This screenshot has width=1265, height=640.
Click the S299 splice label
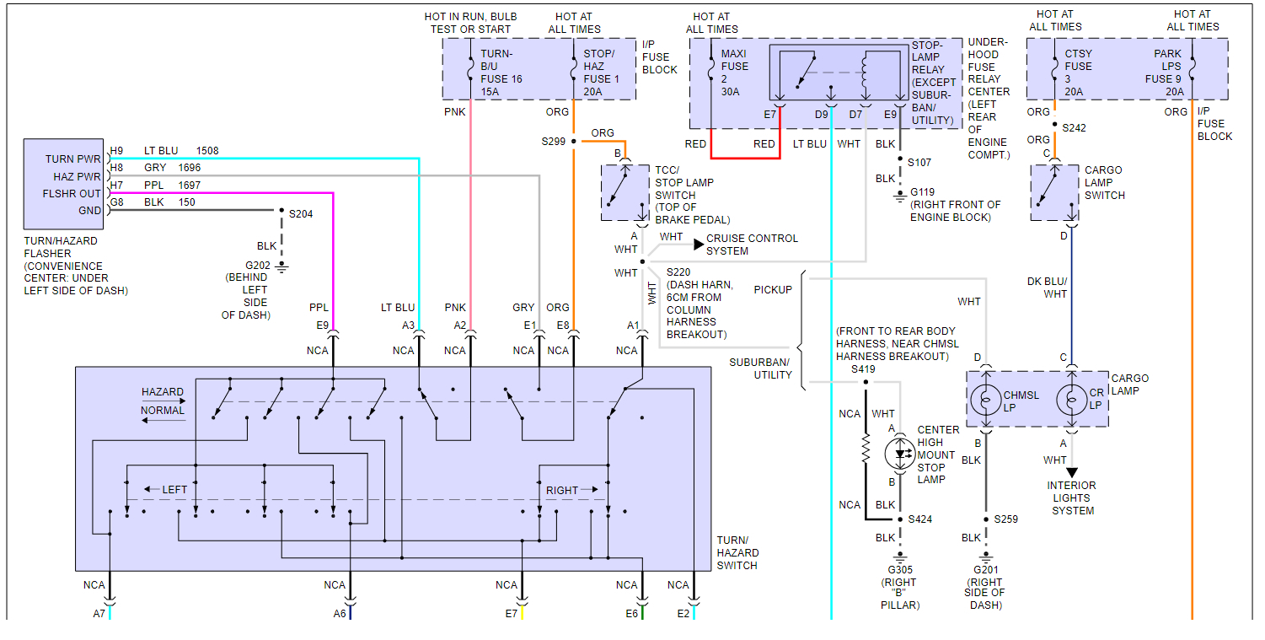(x=553, y=141)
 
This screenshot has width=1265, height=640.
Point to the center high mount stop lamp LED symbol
(x=899, y=454)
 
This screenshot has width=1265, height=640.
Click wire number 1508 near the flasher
(x=207, y=151)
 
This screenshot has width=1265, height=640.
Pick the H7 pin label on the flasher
(x=116, y=185)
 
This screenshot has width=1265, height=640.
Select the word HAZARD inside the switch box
(x=163, y=392)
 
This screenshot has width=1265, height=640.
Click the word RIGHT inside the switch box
(x=562, y=490)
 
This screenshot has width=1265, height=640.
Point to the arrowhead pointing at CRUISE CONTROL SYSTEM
(x=699, y=245)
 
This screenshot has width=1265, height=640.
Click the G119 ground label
(x=922, y=192)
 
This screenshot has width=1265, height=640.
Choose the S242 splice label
(x=1075, y=128)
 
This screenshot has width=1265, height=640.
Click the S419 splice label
(x=863, y=369)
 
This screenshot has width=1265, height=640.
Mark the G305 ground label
(x=899, y=570)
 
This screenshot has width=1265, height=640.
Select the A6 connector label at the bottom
(x=340, y=614)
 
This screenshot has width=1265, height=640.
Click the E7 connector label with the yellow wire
(x=511, y=614)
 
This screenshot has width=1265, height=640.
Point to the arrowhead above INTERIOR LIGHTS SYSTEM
(x=1072, y=472)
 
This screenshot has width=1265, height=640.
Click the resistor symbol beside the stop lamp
(x=865, y=449)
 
